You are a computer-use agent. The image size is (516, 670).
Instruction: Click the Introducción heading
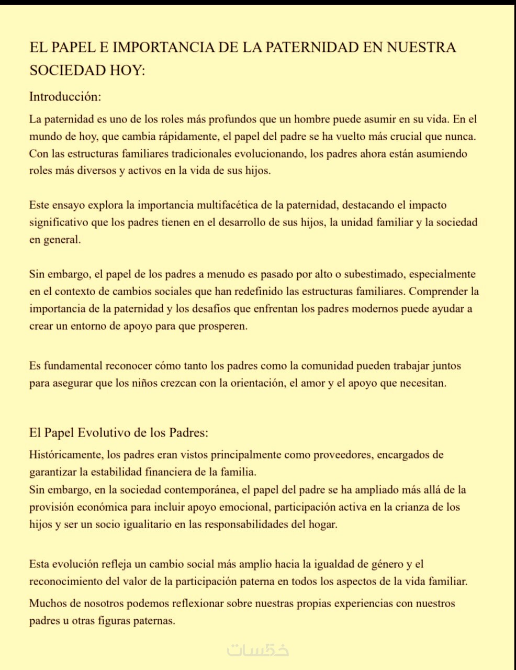[x=65, y=97]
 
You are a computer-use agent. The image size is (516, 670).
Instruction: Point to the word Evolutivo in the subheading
[x=104, y=433]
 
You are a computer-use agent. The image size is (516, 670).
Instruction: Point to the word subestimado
[x=372, y=274]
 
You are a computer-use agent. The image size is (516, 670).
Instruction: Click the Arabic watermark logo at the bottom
[x=257, y=650]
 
